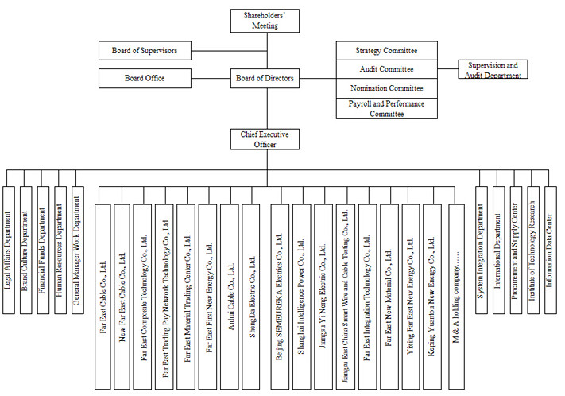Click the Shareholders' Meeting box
click(265, 21)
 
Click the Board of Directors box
click(265, 78)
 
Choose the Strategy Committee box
click(387, 51)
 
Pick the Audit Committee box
click(387, 69)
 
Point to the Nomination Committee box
click(387, 87)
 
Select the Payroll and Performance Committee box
click(387, 108)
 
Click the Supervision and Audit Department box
click(493, 70)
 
